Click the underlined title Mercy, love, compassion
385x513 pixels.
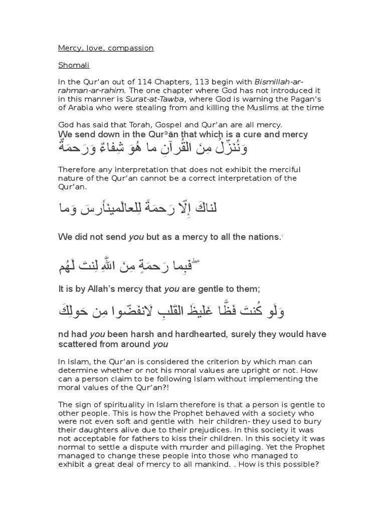point(106,48)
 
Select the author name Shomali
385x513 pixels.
point(73,65)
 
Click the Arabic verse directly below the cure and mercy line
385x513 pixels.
point(153,148)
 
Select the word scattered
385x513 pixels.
point(80,344)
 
